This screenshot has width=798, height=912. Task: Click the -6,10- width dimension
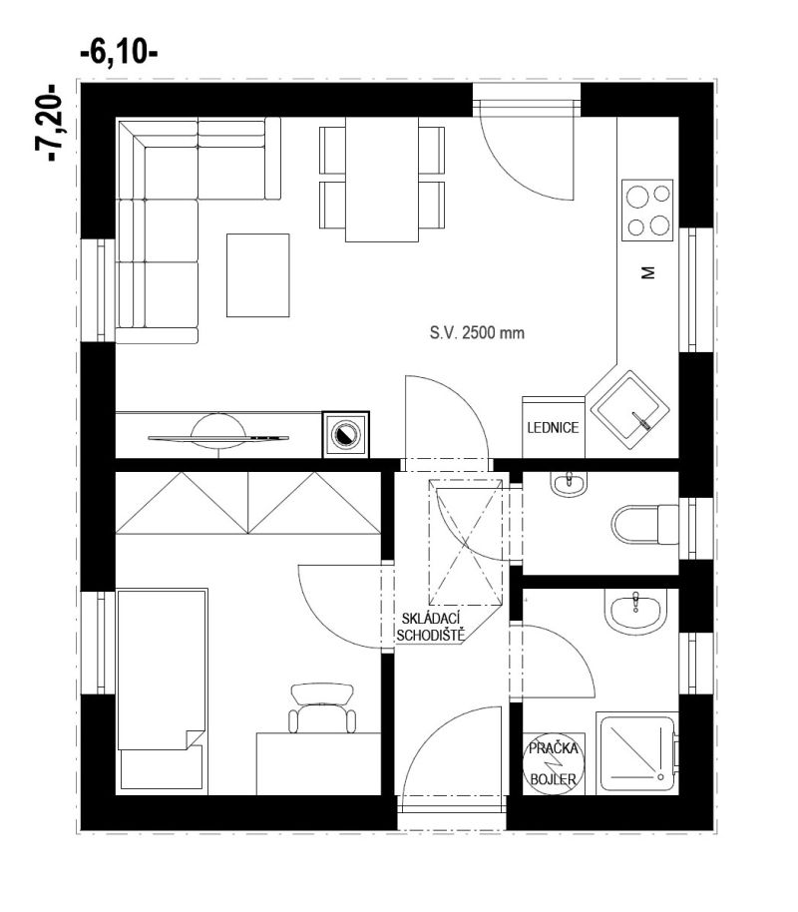pyautogui.click(x=119, y=54)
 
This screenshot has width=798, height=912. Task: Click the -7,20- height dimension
pyautogui.click(x=48, y=123)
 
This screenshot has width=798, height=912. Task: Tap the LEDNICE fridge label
pyautogui.click(x=553, y=428)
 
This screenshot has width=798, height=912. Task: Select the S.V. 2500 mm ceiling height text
pyautogui.click(x=477, y=333)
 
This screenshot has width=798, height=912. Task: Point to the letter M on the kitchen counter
pyautogui.click(x=648, y=272)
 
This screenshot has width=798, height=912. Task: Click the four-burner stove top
pyautogui.click(x=648, y=210)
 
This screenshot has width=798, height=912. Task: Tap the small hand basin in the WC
pyautogui.click(x=569, y=484)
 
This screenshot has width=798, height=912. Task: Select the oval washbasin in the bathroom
pyautogui.click(x=634, y=611)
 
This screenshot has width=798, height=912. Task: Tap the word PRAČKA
pyautogui.click(x=554, y=748)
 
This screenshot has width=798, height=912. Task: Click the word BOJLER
pyautogui.click(x=554, y=779)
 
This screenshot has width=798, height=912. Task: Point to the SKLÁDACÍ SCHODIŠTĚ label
pyautogui.click(x=430, y=627)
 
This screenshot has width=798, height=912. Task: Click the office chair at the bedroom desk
pyautogui.click(x=323, y=707)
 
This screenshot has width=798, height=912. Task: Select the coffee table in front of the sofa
pyautogui.click(x=257, y=275)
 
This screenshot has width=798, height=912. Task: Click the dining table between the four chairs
pyautogui.click(x=382, y=180)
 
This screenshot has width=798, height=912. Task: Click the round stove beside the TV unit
pyautogui.click(x=345, y=434)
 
